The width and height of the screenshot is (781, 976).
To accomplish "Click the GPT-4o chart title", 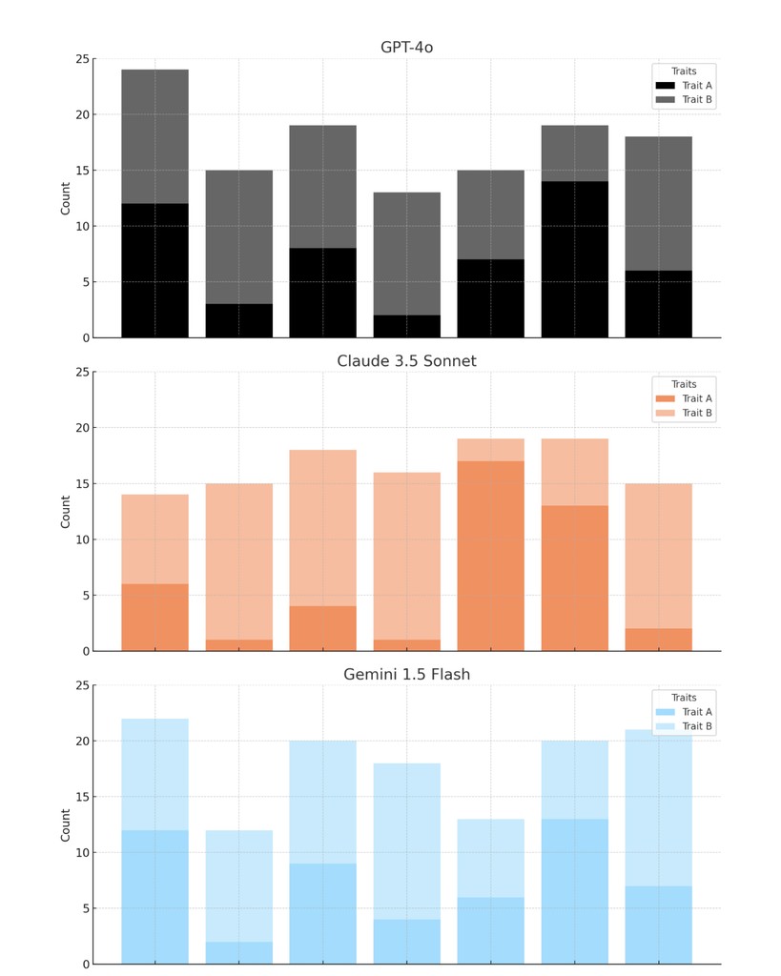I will tap(406, 48).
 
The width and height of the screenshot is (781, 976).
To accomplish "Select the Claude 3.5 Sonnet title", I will tap(406, 361).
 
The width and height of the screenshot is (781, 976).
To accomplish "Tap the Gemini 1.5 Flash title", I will tap(406, 675).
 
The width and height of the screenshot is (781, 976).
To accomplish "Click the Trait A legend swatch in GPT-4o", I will tap(665, 86).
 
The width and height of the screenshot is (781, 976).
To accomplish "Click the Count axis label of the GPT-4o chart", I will tap(66, 198).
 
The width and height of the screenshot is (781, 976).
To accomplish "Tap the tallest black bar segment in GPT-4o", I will tap(575, 259).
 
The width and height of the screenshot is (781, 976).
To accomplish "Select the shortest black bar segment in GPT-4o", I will tap(407, 326).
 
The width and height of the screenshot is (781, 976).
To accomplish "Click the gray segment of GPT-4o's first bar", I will tap(154, 136).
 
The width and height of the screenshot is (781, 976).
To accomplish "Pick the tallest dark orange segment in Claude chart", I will tap(491, 556).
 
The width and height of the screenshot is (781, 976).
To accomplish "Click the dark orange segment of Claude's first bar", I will tap(154, 618).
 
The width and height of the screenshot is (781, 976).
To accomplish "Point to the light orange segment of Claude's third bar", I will tap(323, 528).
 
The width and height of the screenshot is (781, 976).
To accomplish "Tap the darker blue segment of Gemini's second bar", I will tap(239, 953).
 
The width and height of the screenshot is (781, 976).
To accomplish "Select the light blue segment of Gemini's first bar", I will tap(154, 774).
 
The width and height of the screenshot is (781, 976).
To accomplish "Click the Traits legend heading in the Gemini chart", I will tap(684, 698).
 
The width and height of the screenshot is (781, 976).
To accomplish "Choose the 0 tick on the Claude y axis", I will tap(85, 651).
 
